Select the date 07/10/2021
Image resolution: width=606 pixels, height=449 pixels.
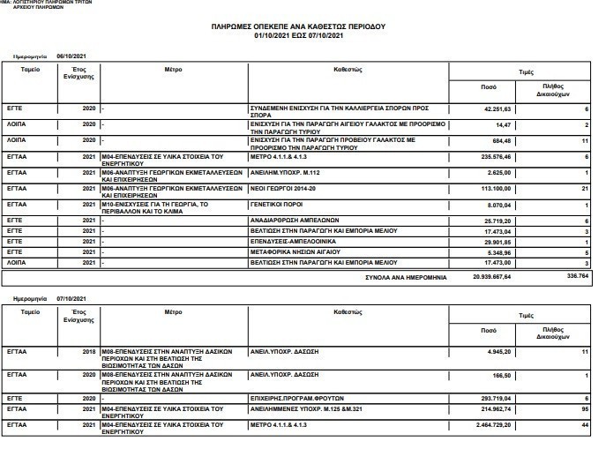[71, 298]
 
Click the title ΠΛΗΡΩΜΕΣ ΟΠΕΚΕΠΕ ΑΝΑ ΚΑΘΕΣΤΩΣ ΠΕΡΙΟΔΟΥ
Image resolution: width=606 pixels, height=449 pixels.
[298, 26]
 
